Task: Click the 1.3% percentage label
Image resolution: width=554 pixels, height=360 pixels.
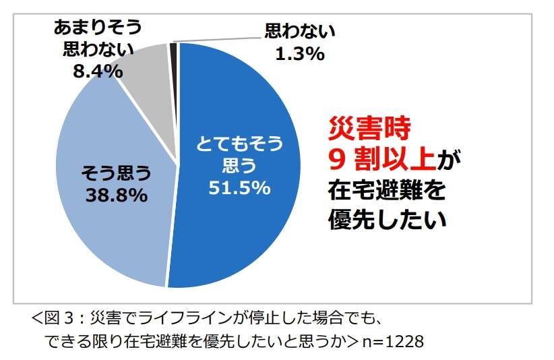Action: pos(299,53)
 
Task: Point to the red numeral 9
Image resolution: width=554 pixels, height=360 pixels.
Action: pos(337,159)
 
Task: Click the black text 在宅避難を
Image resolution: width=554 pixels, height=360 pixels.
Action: pos(387,190)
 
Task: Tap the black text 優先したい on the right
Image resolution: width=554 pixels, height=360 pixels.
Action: pos(387,220)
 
